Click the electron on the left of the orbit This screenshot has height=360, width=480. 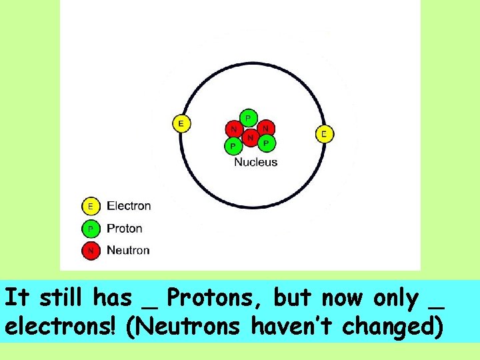click(x=181, y=123)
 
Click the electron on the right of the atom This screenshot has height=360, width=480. click(x=324, y=134)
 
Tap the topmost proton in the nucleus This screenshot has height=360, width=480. click(x=248, y=118)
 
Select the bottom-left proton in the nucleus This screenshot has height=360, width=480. click(x=233, y=145)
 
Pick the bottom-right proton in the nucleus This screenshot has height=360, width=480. click(x=266, y=142)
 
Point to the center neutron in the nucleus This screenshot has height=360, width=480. click(x=250, y=137)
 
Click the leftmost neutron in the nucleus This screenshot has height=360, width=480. click(x=233, y=129)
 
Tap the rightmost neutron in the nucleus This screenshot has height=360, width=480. click(x=265, y=127)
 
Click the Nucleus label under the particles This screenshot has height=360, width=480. click(x=255, y=162)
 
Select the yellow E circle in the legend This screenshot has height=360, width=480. click(x=91, y=206)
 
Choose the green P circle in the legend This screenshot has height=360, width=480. click(x=91, y=229)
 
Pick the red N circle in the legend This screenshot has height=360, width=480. click(x=91, y=251)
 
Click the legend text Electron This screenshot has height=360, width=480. click(x=129, y=206)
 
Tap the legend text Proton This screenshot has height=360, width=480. click(x=125, y=229)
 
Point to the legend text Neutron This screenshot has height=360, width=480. click(x=128, y=251)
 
